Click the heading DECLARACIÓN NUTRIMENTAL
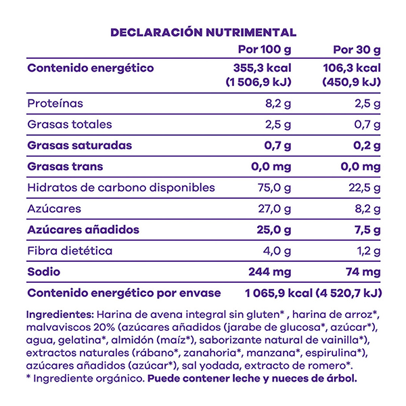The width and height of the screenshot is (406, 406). pyautogui.click(x=203, y=32)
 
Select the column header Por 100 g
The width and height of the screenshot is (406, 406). pyautogui.click(x=266, y=50)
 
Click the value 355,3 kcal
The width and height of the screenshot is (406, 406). pyautogui.click(x=262, y=68)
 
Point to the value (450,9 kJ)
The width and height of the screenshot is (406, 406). pyautogui.click(x=349, y=83)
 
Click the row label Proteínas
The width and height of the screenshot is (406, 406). pyautogui.click(x=55, y=104)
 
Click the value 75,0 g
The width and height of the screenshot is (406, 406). pyautogui.click(x=275, y=187)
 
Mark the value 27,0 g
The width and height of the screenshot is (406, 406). pyautogui.click(x=275, y=208)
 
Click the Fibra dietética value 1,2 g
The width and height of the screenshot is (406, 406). pyautogui.click(x=367, y=250)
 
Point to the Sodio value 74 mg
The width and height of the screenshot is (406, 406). pyautogui.click(x=360, y=271)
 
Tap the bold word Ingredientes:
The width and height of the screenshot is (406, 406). pyautogui.click(x=60, y=315)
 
